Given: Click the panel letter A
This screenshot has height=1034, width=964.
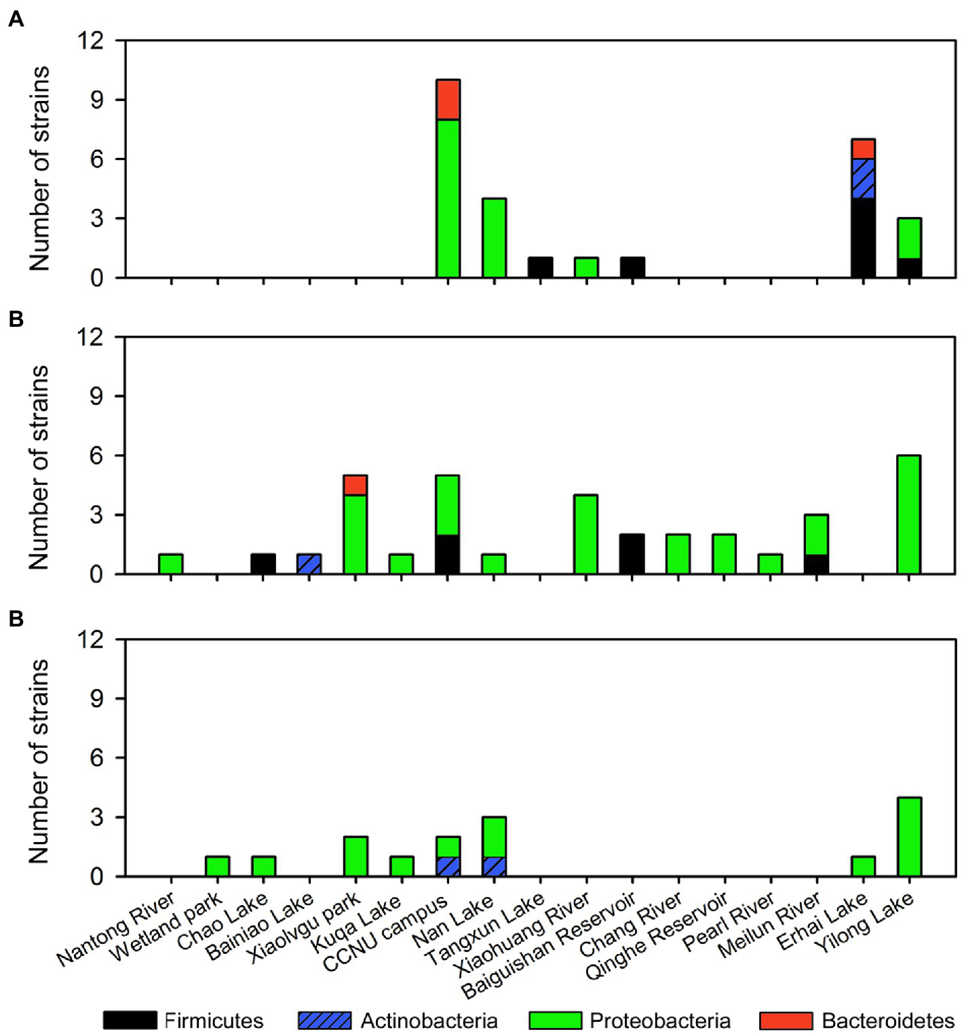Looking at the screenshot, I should pyautogui.click(x=16, y=19).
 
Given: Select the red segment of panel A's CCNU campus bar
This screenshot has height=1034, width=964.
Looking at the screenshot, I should pyautogui.click(x=448, y=100).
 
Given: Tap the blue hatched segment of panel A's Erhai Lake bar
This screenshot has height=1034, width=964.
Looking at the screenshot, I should pyautogui.click(x=863, y=178).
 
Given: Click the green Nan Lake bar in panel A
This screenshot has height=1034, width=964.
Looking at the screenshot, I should pyautogui.click(x=494, y=238).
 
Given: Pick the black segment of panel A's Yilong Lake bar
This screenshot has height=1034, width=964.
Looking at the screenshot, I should pyautogui.click(x=909, y=268).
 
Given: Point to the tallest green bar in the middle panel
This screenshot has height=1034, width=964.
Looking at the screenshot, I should pyautogui.click(x=909, y=515).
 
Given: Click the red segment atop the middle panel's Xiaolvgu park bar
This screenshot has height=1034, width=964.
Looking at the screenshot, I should pyautogui.click(x=355, y=485).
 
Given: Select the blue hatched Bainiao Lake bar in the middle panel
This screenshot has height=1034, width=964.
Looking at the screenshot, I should pyautogui.click(x=309, y=564).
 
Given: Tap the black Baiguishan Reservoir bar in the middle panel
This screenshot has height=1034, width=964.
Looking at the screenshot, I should pyautogui.click(x=632, y=554).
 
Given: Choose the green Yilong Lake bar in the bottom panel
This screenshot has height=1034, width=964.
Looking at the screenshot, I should pyautogui.click(x=909, y=837).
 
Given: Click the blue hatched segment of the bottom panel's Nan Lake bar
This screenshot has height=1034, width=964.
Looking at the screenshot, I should pyautogui.click(x=494, y=867).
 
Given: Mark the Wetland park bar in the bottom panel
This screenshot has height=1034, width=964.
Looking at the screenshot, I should pyautogui.click(x=217, y=867).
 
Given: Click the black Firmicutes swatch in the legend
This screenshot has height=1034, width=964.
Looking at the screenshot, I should pyautogui.click(x=130, y=1020).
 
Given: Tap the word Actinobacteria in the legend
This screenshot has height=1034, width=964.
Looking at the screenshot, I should pyautogui.click(x=429, y=1020).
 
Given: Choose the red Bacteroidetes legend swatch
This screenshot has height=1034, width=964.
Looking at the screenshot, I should pyautogui.click(x=786, y=1020).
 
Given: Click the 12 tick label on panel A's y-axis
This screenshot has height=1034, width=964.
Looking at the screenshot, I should pyautogui.click(x=90, y=41).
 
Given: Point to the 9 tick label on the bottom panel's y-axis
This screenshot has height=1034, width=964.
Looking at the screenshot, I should pyautogui.click(x=96, y=698).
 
